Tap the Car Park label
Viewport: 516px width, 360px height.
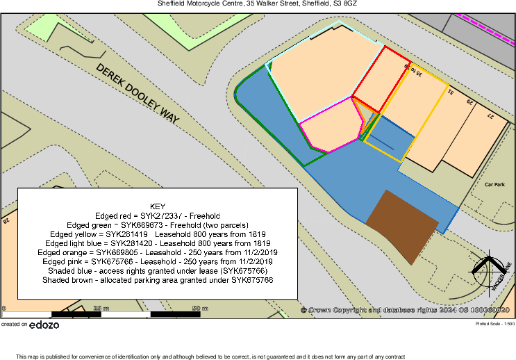click(x=494, y=185)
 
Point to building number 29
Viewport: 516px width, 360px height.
click(x=470, y=103)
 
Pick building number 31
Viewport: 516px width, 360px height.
click(x=451, y=91)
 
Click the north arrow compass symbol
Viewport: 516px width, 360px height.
click(x=488, y=269)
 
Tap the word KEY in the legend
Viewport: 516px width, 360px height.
click(x=158, y=206)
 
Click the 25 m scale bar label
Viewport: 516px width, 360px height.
click(x=101, y=308)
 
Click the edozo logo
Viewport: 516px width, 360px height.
click(x=45, y=325)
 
